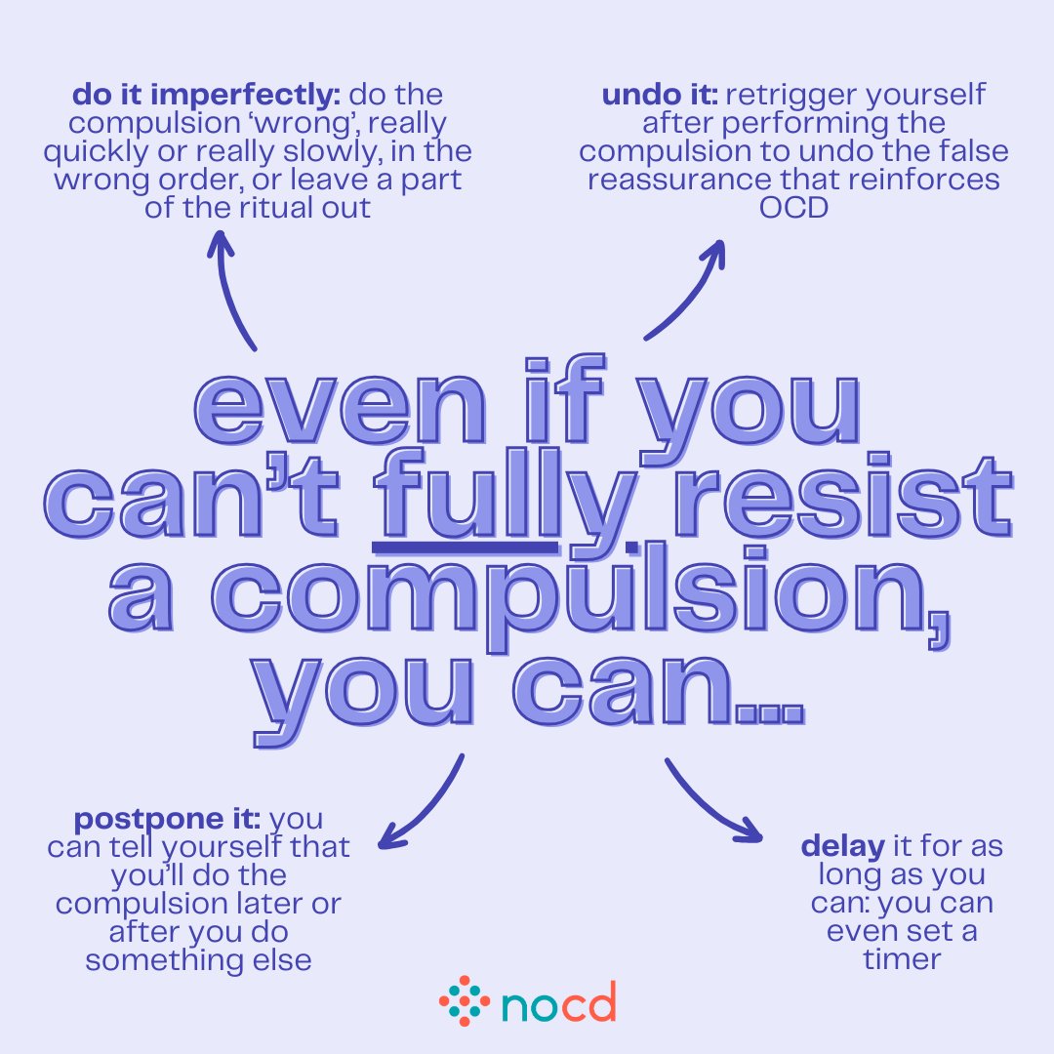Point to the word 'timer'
(x=902, y=958)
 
